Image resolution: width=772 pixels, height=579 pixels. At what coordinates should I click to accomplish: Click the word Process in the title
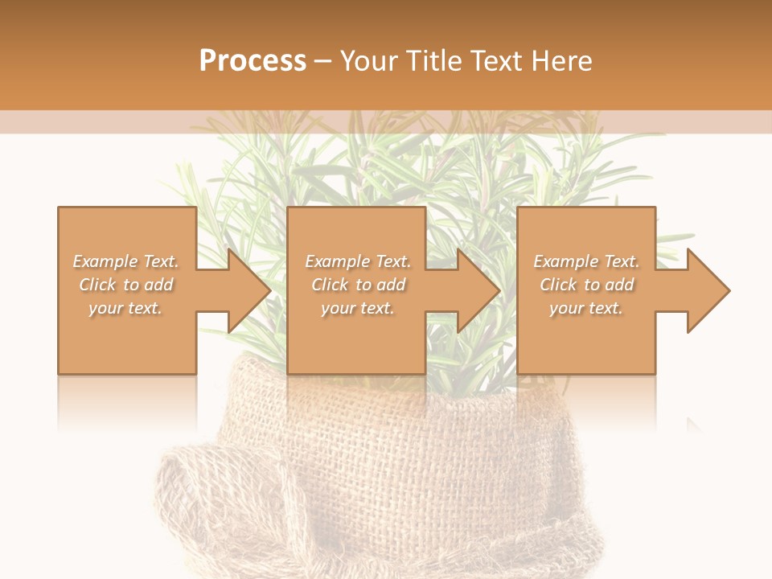[x=253, y=61]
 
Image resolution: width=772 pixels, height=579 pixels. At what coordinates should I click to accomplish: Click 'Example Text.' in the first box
[x=125, y=261]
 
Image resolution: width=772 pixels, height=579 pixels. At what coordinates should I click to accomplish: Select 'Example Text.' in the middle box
[x=358, y=261]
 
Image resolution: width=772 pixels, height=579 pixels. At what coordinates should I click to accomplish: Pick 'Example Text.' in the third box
[x=586, y=261]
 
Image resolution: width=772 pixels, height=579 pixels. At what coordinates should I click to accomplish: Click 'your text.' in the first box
[x=125, y=308]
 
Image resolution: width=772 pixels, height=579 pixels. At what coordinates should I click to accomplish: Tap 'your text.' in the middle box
[x=358, y=308]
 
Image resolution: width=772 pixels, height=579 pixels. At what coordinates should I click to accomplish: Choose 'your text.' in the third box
[x=586, y=308]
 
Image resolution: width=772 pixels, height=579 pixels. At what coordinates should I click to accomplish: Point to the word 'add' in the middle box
[x=391, y=285]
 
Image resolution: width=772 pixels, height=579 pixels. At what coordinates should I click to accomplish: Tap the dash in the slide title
[x=323, y=61]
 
